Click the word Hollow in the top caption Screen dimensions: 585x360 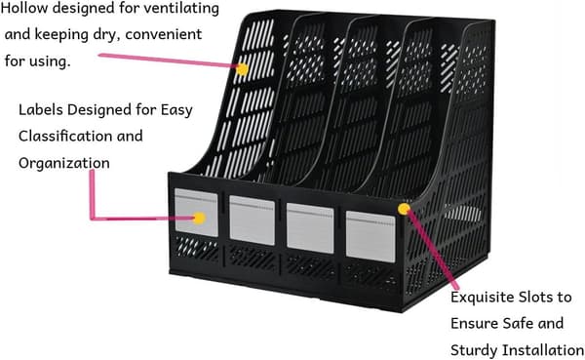(x=24, y=8)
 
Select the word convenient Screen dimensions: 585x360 (x=164, y=34)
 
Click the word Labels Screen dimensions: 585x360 (x=41, y=110)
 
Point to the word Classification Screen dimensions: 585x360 (x=65, y=136)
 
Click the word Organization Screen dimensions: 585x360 (x=64, y=163)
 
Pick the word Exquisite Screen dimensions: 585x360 (x=483, y=298)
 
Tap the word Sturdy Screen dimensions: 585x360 (x=474, y=350)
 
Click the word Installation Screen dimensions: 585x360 (x=543, y=350)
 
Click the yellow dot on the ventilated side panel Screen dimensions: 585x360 (x=242, y=69)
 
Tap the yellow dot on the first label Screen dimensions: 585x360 (x=200, y=219)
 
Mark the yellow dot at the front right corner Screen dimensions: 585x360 (x=404, y=209)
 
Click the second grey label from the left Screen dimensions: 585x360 (x=253, y=220)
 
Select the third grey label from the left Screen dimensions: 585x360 (x=310, y=227)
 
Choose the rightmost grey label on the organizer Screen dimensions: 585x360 (x=370, y=236)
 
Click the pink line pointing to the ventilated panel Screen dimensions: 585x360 (x=168, y=60)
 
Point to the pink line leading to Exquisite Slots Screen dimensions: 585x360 (x=432, y=249)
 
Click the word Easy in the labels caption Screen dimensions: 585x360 (x=176, y=110)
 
